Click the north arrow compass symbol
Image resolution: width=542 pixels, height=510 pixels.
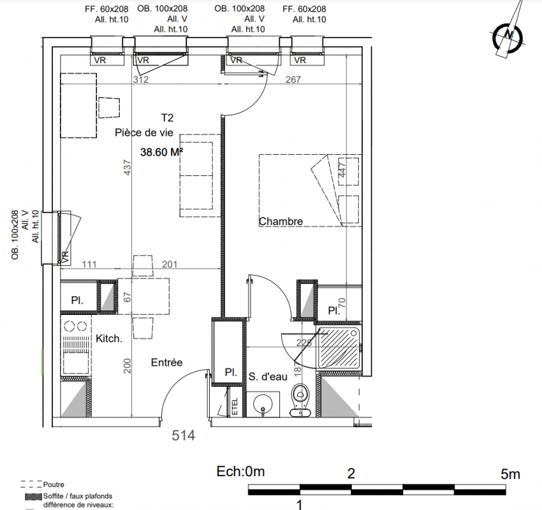(508, 34)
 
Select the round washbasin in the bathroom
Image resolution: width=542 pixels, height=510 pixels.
(263, 404)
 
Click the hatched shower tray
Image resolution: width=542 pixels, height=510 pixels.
(339, 347)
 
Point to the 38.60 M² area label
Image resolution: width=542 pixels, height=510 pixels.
(162, 152)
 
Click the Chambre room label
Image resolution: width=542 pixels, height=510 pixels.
(281, 221)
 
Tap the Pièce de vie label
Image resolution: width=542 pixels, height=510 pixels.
(144, 133)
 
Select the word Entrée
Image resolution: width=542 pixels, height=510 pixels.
(166, 363)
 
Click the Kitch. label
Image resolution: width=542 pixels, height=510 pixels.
(109, 339)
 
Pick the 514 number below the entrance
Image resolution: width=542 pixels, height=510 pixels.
(184, 435)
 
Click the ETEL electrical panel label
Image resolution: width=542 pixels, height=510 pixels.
(235, 406)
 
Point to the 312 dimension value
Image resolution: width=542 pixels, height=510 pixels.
(141, 80)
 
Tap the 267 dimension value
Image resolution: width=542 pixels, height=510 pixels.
(293, 80)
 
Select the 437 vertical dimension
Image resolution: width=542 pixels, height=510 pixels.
(128, 167)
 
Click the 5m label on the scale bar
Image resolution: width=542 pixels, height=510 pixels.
(510, 474)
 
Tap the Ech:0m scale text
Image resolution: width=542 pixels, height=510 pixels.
(240, 472)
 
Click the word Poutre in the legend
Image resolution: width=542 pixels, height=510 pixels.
(54, 484)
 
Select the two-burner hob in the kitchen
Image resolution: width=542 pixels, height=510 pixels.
(76, 326)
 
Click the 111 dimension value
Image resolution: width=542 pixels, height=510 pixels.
(89, 265)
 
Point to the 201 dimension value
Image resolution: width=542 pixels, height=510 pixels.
(170, 265)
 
